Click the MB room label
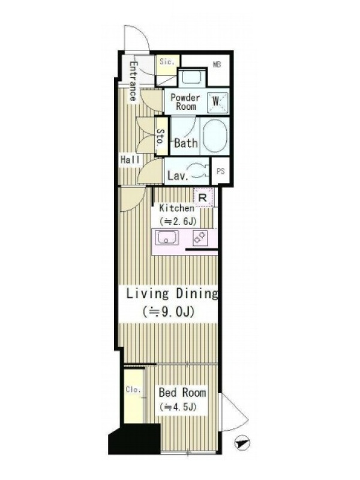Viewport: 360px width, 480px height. pos(217,65)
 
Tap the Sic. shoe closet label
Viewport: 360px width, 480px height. pos(167,61)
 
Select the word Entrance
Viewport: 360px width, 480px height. pos(133,82)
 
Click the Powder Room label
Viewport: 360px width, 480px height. pos(185,102)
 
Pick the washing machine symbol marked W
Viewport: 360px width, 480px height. pos(218,101)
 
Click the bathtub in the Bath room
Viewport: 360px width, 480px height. pos(215,136)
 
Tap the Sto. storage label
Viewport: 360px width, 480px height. pos(161,137)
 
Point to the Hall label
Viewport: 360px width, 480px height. pos(130,160)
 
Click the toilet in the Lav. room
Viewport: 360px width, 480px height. pos(199,171)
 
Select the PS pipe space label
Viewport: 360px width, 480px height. pos(221,171)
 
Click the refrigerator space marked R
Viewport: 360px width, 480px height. pos(203,197)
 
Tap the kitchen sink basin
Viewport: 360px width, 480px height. pos(167,238)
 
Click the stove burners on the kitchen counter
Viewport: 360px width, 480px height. pos(200,238)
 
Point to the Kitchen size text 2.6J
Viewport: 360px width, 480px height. pos(178,221)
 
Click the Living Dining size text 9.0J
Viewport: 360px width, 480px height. pos(169,311)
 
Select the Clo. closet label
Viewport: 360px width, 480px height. pos(133,389)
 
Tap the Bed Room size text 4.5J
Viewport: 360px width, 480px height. pos(177,407)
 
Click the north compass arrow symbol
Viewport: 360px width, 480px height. pos(242,443)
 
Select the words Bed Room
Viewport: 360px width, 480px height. pos(182,392)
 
